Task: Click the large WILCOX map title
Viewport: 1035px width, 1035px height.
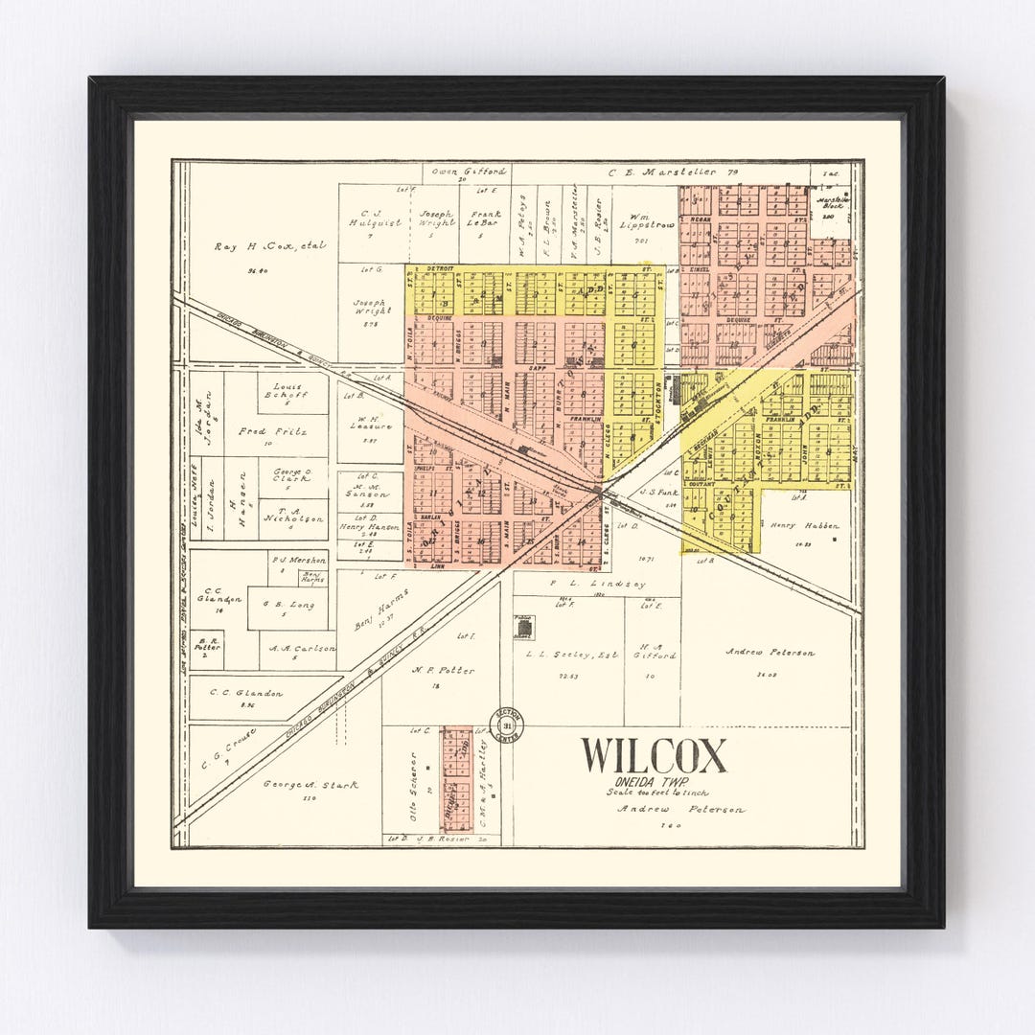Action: click(653, 756)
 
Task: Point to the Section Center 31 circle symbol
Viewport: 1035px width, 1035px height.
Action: click(506, 725)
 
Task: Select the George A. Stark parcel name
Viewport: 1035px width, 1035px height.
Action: click(310, 785)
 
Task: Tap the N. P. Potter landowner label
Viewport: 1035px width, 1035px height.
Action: click(442, 671)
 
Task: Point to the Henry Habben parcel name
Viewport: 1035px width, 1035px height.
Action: click(803, 525)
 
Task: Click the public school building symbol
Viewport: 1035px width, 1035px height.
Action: click(524, 628)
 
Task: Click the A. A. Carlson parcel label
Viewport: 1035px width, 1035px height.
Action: click(301, 649)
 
